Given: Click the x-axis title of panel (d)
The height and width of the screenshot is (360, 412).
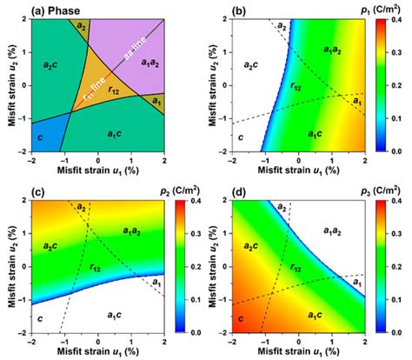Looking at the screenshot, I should coord(296,354).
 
